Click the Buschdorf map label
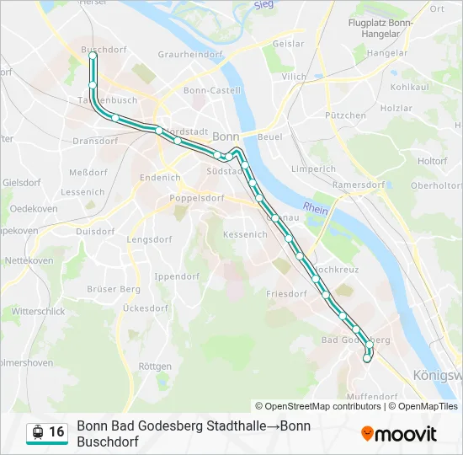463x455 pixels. click(104, 50)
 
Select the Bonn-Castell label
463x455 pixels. click(211, 90)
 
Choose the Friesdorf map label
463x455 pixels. click(286, 294)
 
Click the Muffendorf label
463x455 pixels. click(371, 395)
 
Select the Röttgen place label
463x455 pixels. click(155, 367)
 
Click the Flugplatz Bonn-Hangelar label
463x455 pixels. click(381, 28)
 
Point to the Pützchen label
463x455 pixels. click(346, 115)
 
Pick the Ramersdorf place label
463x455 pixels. click(358, 185)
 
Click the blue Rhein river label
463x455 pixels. click(316, 209)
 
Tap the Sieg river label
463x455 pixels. click(263, 4)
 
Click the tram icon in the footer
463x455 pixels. click(37, 433)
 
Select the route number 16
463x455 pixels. click(56, 432)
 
